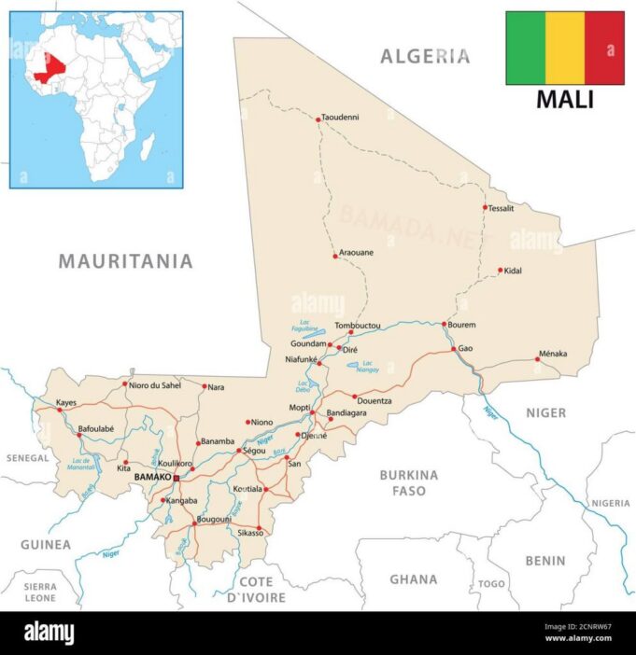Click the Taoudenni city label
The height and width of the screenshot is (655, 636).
coord(340,118)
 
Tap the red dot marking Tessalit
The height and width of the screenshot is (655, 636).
coord(485,207)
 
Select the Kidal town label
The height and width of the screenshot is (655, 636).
coord(513,271)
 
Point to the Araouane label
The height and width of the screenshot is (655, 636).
coord(354,254)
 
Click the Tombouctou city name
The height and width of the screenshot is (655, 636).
coord(358,326)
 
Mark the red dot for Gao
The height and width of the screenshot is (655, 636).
coord(454,349)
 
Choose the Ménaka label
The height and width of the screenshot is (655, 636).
coord(552,354)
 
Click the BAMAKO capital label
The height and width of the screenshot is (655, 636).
coord(153,477)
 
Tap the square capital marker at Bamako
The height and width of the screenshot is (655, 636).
coord(177,477)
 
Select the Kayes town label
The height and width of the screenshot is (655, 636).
coord(65,403)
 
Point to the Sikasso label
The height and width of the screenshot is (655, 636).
coord(250,533)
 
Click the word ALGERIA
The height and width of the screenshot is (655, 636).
coord(425,57)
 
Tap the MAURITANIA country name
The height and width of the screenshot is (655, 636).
coord(125,261)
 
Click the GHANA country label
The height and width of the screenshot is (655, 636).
coord(413,578)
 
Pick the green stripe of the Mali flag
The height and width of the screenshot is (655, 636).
coord(525,49)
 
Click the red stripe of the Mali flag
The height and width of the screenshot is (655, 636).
coord(604,49)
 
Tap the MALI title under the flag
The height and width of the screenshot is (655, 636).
coord(564,100)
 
